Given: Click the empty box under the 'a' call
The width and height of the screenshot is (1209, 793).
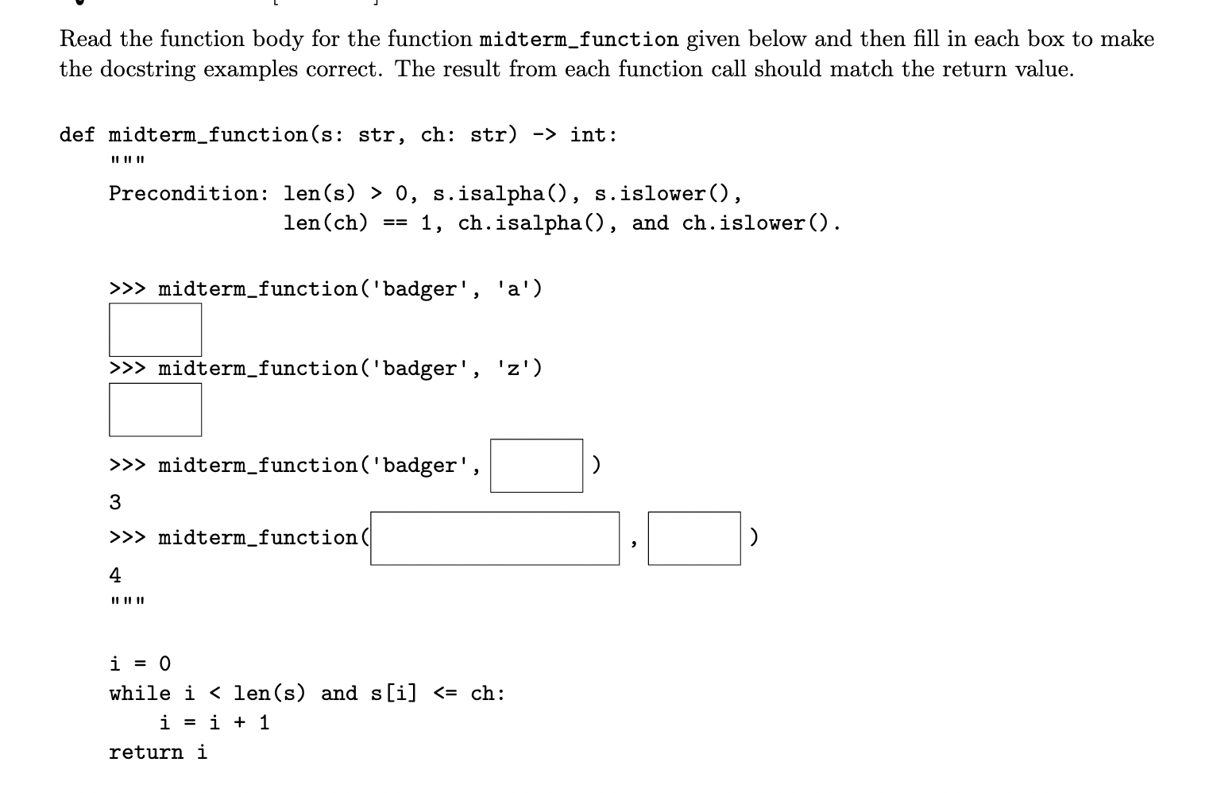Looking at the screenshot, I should (155, 330).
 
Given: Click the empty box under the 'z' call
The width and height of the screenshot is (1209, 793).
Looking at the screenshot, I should (155, 410).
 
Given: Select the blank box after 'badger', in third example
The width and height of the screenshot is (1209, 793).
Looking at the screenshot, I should (536, 466).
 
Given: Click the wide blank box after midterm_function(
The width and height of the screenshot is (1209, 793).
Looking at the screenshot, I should (494, 538).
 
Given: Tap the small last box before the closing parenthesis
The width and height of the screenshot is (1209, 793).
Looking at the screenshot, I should (693, 538).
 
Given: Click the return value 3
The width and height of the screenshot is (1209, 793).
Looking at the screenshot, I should (115, 502).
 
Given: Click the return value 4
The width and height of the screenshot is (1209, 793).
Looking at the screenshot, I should (115, 574).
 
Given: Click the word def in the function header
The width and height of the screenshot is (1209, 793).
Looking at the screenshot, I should (77, 135).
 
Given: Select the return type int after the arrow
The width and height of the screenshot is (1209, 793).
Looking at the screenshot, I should (588, 135).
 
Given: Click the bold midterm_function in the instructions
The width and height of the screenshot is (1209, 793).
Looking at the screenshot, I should (579, 40).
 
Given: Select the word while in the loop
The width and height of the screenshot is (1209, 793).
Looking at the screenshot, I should (140, 694).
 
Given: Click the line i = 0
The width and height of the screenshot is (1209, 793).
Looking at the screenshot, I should (140, 663).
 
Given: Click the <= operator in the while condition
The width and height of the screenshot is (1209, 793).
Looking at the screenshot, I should (445, 694).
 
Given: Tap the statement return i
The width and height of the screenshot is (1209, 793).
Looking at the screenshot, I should (157, 752).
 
